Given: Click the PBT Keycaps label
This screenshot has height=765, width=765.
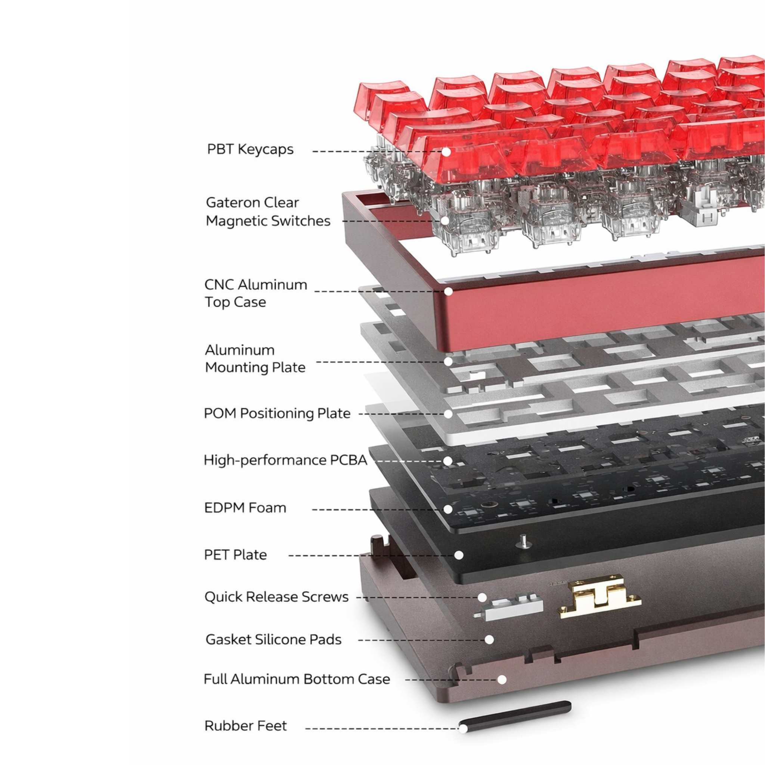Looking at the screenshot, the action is tap(250, 149).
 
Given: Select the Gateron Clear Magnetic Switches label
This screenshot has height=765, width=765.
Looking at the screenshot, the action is tap(268, 211).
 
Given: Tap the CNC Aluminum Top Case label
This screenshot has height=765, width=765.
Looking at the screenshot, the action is tap(256, 293).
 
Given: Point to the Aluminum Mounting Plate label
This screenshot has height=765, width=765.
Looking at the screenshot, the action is tap(255, 359).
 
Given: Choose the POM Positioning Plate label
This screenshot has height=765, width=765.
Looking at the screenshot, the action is tap(277, 414).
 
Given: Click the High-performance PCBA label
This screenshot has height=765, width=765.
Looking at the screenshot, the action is tap(285, 460).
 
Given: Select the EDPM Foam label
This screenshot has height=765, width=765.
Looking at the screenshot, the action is tap(245, 508).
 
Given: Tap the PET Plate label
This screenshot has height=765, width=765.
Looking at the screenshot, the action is tap(235, 555).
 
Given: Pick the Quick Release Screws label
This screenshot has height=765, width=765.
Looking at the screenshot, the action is tap(276, 597).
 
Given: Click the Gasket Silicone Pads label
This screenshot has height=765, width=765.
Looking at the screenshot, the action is tap(273, 639).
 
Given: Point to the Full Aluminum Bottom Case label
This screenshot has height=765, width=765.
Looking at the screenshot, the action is tap(297, 679).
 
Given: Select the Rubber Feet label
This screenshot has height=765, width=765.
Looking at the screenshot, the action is tap(245, 726).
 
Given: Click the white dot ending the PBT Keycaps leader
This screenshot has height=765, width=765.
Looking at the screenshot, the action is tap(446, 151).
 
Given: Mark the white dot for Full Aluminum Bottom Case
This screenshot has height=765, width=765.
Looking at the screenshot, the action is tap(502, 679).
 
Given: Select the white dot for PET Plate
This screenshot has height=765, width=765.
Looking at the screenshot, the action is tap(459, 555).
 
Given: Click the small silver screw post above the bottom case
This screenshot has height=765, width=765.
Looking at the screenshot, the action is tap(523, 542).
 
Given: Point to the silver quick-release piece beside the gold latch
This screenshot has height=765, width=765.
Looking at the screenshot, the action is tap(510, 606).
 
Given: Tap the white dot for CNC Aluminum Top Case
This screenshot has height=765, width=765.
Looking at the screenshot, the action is tap(448, 291).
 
